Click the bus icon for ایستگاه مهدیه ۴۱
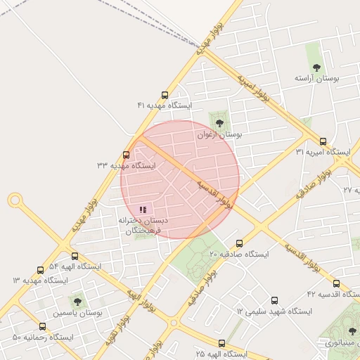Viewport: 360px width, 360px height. click(165, 95)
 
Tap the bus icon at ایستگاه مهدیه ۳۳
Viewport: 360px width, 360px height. click(127, 155)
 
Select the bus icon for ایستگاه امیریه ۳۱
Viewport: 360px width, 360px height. click(323, 141)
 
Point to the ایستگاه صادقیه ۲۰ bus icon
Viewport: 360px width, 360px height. click(239, 243)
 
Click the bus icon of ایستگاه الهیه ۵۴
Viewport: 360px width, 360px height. click(75, 257)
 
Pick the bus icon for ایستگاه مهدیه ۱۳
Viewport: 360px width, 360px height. click(40, 270)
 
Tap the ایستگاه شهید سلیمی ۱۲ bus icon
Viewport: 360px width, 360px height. click(274, 300)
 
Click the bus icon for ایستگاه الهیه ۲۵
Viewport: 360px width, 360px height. click(221, 344)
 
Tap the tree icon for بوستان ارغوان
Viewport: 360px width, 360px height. click(219, 123)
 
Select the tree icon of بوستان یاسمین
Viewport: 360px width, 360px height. click(77, 302)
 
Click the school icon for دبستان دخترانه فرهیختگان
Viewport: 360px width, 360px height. click(143, 210)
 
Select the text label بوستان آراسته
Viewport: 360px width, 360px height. click(316, 79)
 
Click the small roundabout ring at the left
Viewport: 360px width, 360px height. click(15, 200)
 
